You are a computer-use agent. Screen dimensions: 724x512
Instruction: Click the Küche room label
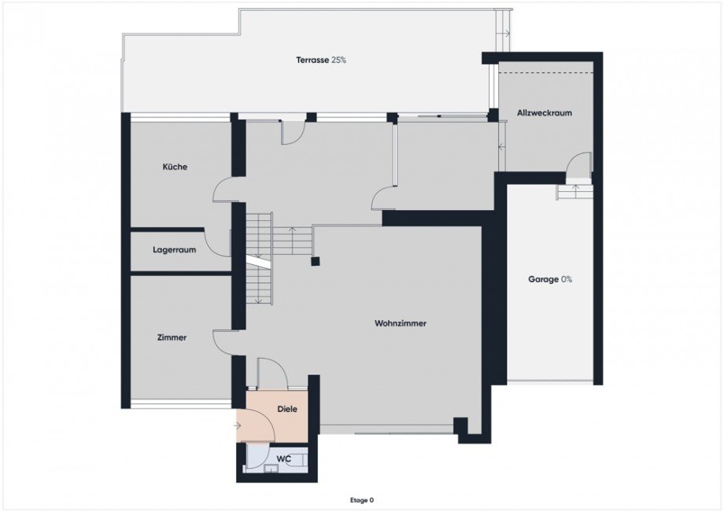click(x=175, y=167)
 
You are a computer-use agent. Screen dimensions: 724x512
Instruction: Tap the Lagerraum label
click(x=175, y=250)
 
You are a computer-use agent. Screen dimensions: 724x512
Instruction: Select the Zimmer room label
click(x=172, y=337)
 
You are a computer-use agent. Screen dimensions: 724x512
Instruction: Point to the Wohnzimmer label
click(x=401, y=323)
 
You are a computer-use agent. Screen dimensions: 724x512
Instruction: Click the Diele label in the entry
click(x=287, y=409)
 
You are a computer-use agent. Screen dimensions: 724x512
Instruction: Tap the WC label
click(x=283, y=459)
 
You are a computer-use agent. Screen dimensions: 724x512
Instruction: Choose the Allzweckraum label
click(x=545, y=113)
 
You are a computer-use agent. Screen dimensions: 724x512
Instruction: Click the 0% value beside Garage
click(x=567, y=279)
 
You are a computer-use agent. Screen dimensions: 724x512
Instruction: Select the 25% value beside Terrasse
click(x=338, y=60)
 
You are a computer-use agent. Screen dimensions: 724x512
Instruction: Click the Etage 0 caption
click(x=361, y=500)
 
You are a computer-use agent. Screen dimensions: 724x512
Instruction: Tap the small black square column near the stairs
click(x=316, y=262)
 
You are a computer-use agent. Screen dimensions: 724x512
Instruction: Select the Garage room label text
click(x=544, y=279)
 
